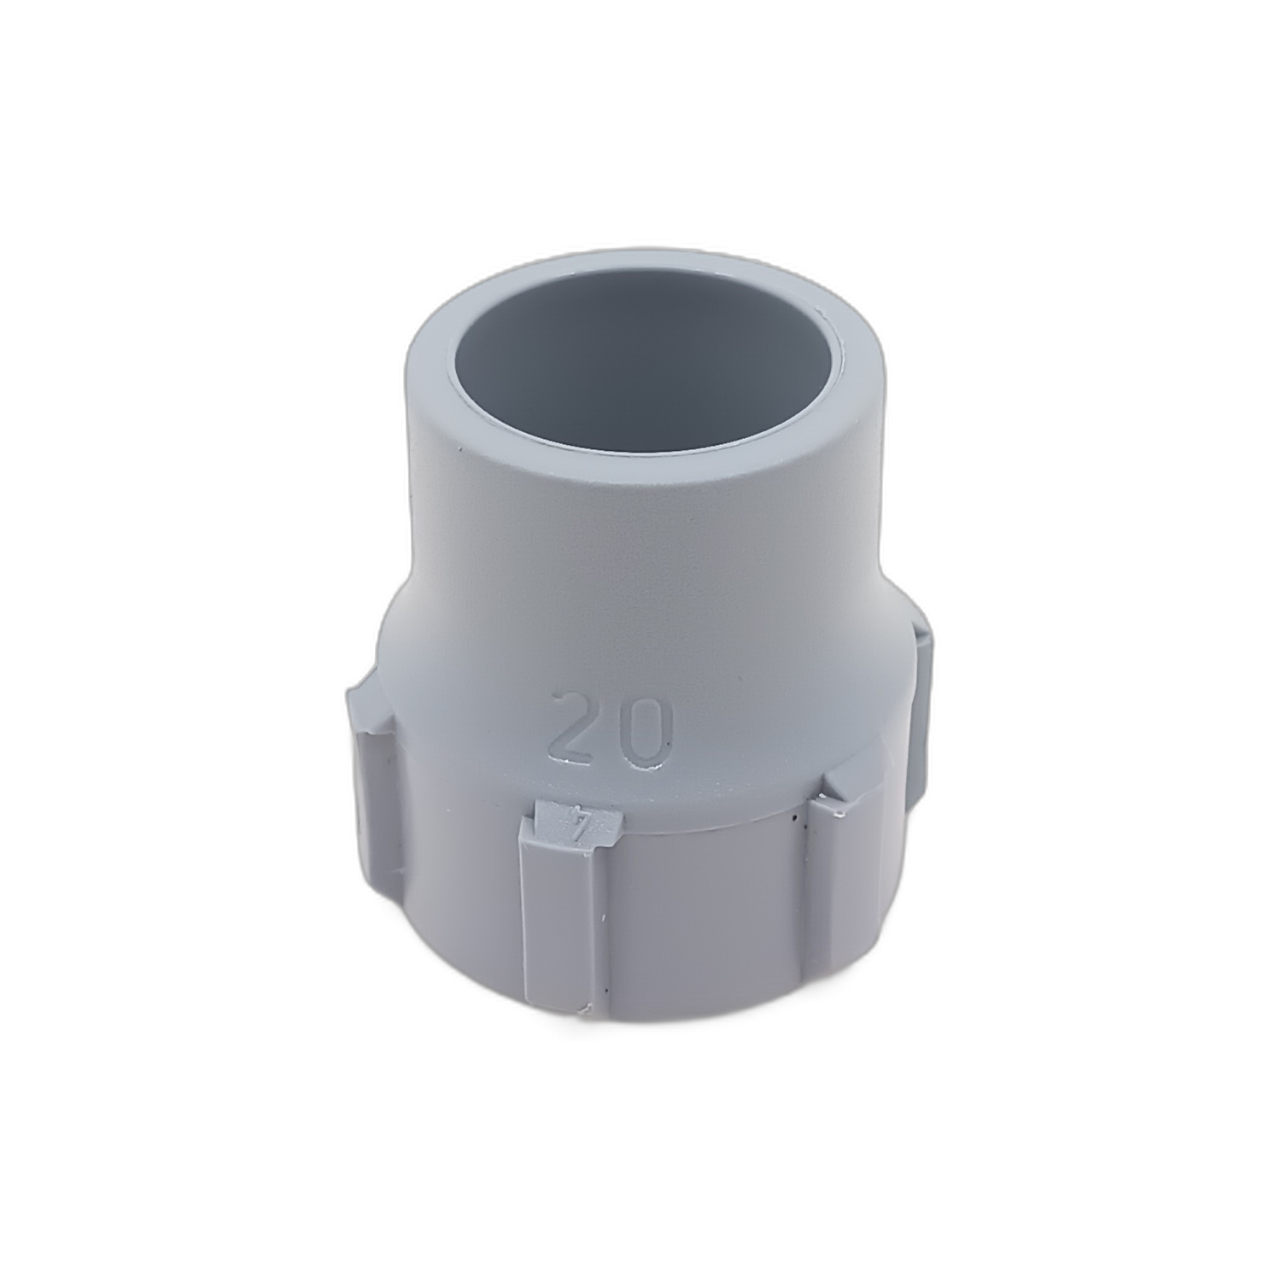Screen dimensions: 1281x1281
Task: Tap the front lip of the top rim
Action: coord(632,462)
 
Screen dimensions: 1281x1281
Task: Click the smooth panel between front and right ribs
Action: coord(709,914)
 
